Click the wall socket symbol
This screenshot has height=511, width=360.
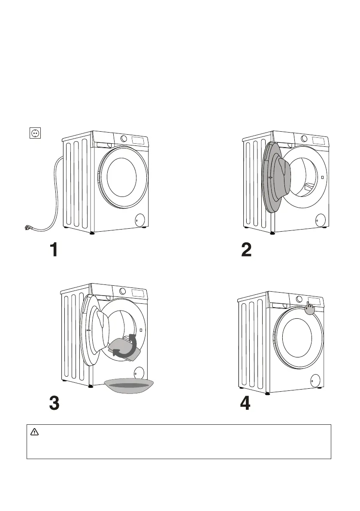coord(35,133)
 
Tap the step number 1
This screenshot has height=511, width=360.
coord(54,250)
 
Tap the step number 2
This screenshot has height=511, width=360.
coord(247,250)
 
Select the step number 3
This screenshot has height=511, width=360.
coord(54,403)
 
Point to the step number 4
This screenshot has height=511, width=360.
coord(245,403)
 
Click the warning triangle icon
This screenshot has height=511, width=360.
coord(34,432)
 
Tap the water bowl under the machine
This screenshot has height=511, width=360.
coord(129,386)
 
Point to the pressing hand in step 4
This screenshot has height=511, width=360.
coord(310,308)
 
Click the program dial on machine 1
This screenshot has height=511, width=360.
coord(124,139)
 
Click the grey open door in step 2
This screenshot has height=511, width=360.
coord(277,178)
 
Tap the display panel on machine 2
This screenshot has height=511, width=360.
coord(319,140)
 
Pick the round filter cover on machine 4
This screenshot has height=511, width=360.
coord(315,380)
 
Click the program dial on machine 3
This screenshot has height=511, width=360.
coord(122,291)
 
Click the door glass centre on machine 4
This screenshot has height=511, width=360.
coord(297,336)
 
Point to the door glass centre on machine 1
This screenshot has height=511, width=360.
coord(121,177)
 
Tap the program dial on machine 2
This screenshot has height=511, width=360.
coord(304,139)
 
